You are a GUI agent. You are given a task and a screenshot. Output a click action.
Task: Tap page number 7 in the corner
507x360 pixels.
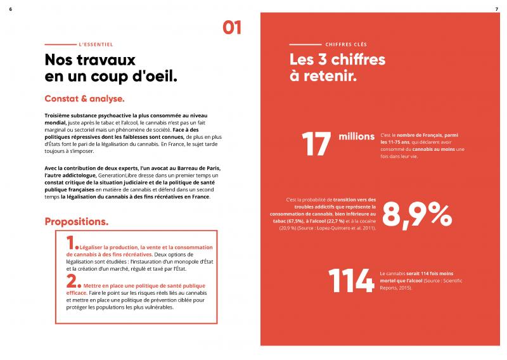pos(496,8)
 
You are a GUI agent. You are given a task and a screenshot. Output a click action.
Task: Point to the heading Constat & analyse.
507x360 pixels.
pos(84,99)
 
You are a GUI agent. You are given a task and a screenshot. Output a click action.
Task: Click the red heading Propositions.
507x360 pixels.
pos(76,222)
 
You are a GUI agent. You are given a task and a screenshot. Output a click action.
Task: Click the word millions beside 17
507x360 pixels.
pos(357,136)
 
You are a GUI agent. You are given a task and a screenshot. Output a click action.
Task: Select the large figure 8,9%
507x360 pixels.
pos(416,216)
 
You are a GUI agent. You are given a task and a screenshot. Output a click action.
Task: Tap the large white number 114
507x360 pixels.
pos(350,281)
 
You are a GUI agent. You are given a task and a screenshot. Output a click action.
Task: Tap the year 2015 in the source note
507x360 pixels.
pos(400,288)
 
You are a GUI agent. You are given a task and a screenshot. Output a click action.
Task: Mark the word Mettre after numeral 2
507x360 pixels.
pos(96,286)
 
